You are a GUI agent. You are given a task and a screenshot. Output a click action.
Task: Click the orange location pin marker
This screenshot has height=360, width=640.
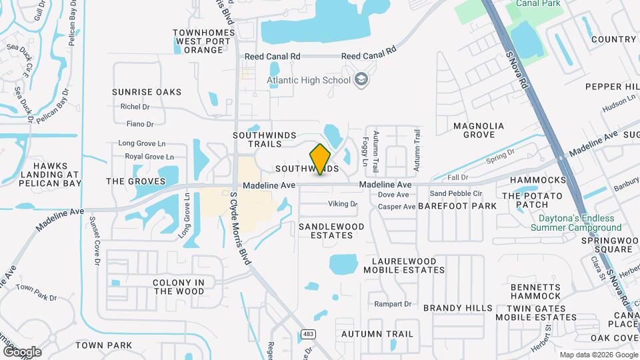click(x=321, y=159)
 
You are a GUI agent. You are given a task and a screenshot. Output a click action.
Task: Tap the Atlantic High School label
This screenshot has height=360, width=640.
click(x=308, y=81)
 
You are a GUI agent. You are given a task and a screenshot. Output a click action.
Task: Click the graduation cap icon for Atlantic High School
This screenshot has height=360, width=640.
click(x=361, y=80)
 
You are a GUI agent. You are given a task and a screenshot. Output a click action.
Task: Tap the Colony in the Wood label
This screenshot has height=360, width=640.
click(x=179, y=287)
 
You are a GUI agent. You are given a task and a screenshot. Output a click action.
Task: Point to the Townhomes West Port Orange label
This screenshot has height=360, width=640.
click(x=204, y=41)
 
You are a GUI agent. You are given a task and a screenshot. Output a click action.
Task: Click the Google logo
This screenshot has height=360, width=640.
click(x=22, y=351)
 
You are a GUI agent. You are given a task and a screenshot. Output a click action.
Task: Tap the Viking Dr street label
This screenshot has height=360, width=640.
click(x=343, y=204)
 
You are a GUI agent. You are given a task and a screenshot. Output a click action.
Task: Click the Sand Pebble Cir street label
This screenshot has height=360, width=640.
click(x=455, y=193)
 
